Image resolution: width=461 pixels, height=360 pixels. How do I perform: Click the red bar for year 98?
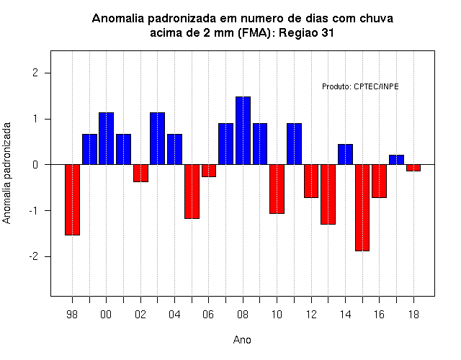pos(72,200)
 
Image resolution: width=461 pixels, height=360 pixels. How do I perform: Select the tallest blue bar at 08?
pos(243,130)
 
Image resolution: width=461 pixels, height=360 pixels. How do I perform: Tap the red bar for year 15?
pos(362,208)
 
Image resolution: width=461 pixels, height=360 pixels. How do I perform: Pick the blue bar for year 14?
pos(345,154)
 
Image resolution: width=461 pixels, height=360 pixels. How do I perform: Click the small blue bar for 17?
pos(396,160)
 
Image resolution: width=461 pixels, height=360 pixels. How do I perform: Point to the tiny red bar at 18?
pos(413,168)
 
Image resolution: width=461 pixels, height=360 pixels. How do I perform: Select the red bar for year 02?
pos(140,174)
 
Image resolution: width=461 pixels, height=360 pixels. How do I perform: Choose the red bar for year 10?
pos(277,189)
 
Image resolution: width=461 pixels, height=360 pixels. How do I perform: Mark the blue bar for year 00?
pos(106,138)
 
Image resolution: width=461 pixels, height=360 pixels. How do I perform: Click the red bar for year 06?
pos(209,171)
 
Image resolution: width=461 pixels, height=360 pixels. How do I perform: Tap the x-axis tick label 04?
pos(174,315)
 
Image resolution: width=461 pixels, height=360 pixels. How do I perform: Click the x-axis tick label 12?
pos(311,315)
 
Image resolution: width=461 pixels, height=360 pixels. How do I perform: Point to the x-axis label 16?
pos(380,315)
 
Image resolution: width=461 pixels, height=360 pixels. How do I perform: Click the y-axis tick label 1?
pos(36,119)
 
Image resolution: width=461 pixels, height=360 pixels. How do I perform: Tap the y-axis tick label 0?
pos(35,165)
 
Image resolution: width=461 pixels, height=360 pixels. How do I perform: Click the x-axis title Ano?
pos(242,340)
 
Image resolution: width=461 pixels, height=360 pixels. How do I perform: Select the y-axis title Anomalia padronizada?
pos(6,173)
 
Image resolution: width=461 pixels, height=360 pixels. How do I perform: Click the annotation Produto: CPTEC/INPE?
pos(360,86)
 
